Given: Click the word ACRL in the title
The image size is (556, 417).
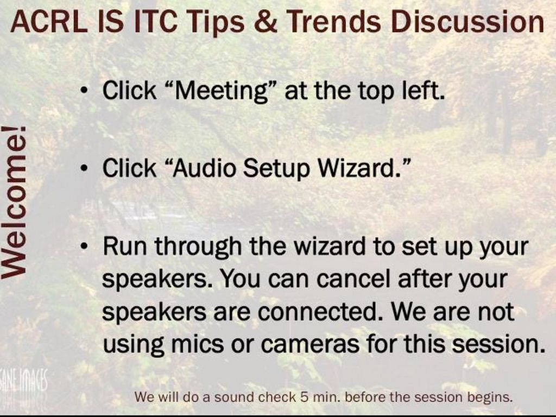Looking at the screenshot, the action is (49, 22).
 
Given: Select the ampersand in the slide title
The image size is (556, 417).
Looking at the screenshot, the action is (265, 22).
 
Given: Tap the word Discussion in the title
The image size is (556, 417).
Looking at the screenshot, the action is (467, 22).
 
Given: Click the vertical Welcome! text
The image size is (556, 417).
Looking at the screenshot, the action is (14, 202).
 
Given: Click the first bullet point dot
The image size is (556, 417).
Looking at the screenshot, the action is (84, 91).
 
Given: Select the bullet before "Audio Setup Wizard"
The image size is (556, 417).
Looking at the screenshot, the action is (84, 168).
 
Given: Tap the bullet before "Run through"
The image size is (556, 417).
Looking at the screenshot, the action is (84, 246).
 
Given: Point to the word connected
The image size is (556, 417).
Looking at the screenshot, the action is (320, 312).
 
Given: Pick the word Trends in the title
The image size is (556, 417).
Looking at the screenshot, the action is (334, 22).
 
